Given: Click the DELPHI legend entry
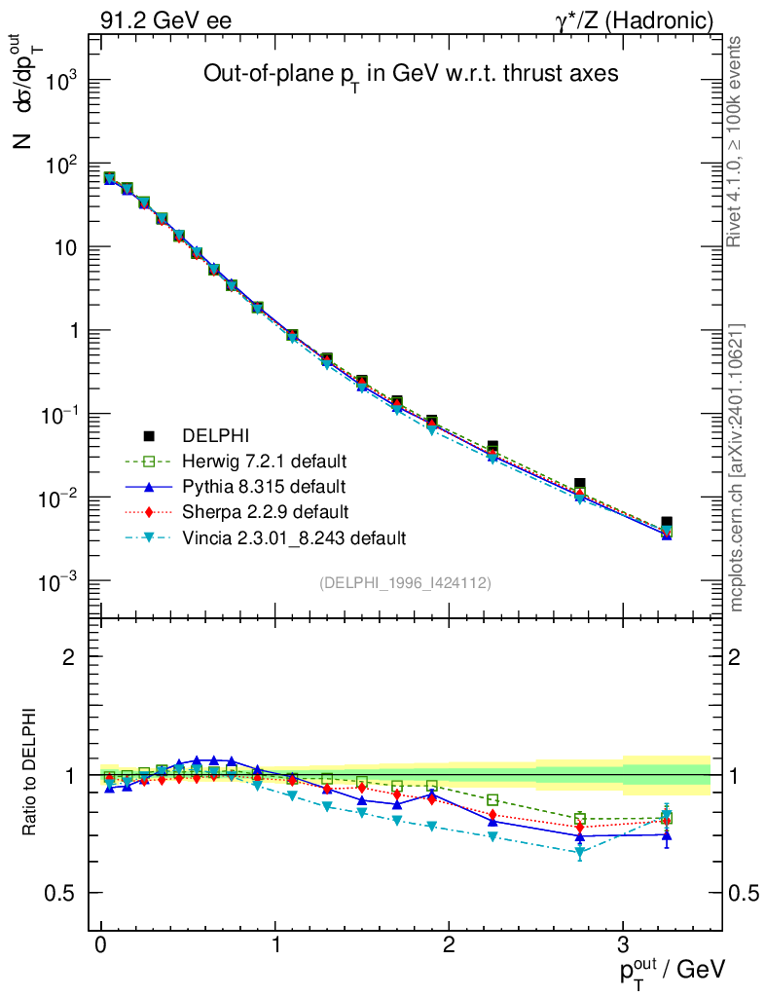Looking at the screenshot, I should (x=209, y=435).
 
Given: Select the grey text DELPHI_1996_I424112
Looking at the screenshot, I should (x=404, y=583).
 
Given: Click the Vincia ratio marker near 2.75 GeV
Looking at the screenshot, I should (x=580, y=853).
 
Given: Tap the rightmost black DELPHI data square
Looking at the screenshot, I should (x=667, y=523).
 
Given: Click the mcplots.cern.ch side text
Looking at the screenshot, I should (x=737, y=467).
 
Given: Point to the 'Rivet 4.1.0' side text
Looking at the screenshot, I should (x=737, y=142).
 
